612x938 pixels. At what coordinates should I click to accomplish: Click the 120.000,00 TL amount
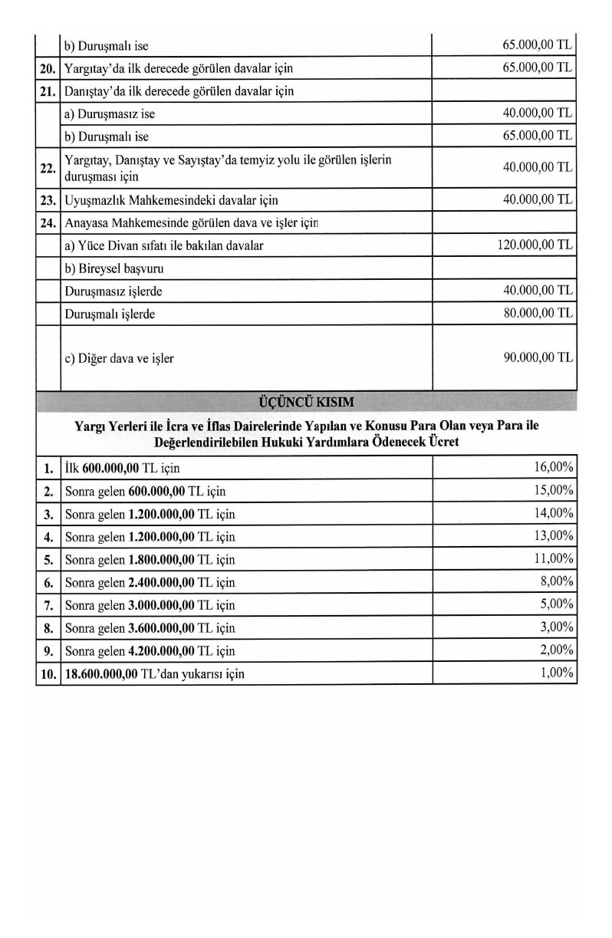coord(535,245)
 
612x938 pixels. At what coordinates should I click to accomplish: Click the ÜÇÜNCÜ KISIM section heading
coord(307,402)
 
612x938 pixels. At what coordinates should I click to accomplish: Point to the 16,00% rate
coord(554,467)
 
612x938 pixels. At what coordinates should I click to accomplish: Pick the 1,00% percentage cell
coord(557,673)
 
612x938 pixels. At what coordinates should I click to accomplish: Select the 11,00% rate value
coord(554,558)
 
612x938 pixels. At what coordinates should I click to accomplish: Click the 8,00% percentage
coord(557,581)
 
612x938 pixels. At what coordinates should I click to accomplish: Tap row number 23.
coord(48,200)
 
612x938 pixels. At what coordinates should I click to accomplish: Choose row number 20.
coord(48,68)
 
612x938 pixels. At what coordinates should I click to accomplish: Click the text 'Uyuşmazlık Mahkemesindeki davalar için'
coord(172,200)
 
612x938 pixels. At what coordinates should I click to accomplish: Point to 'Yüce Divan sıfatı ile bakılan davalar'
coord(171,246)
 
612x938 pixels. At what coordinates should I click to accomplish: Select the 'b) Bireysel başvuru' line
coord(114,269)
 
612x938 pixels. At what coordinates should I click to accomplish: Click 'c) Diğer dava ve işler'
coord(119,358)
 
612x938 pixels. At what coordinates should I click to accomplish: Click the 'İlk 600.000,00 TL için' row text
coord(123,468)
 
